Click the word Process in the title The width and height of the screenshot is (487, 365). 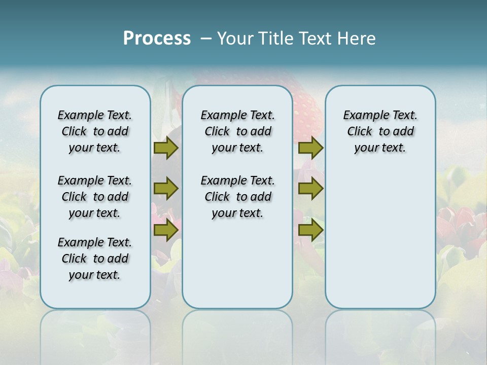157,39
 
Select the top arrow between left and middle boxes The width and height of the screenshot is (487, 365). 166,148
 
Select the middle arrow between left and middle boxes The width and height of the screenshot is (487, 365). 166,189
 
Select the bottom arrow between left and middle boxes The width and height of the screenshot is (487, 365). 166,230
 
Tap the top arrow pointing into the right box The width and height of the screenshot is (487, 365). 310,148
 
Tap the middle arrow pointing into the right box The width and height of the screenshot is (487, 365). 310,189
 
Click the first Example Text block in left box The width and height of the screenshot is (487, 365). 95,131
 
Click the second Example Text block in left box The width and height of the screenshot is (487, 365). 95,197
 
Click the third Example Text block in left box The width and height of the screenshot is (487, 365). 95,259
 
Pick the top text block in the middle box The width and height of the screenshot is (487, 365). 237,131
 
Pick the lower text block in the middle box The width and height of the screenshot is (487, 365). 237,197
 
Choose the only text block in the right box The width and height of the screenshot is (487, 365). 380,131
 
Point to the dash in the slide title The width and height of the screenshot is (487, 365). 205,39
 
